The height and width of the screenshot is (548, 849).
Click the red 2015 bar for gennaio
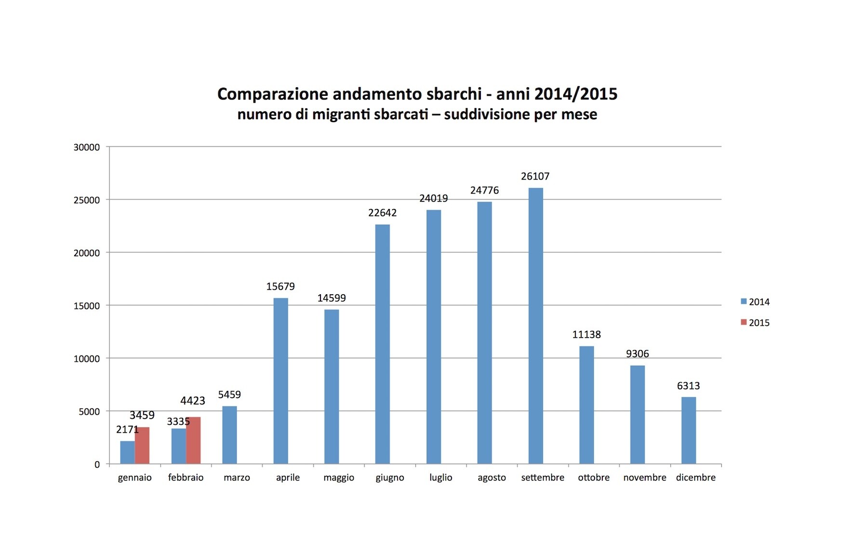(142, 445)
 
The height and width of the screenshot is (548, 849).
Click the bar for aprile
(281, 380)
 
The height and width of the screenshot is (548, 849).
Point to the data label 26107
(535, 176)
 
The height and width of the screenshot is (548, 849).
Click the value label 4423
(193, 401)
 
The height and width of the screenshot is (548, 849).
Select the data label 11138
(586, 334)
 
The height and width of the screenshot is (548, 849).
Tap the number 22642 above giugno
(383, 212)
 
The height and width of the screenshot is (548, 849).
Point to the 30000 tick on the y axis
(87, 147)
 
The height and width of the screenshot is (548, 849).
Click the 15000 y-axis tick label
(87, 306)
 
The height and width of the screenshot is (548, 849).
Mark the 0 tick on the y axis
(97, 465)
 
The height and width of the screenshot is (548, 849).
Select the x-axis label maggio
(339, 477)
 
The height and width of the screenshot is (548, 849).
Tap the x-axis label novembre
(645, 477)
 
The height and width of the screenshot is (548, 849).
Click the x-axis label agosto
(491, 477)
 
